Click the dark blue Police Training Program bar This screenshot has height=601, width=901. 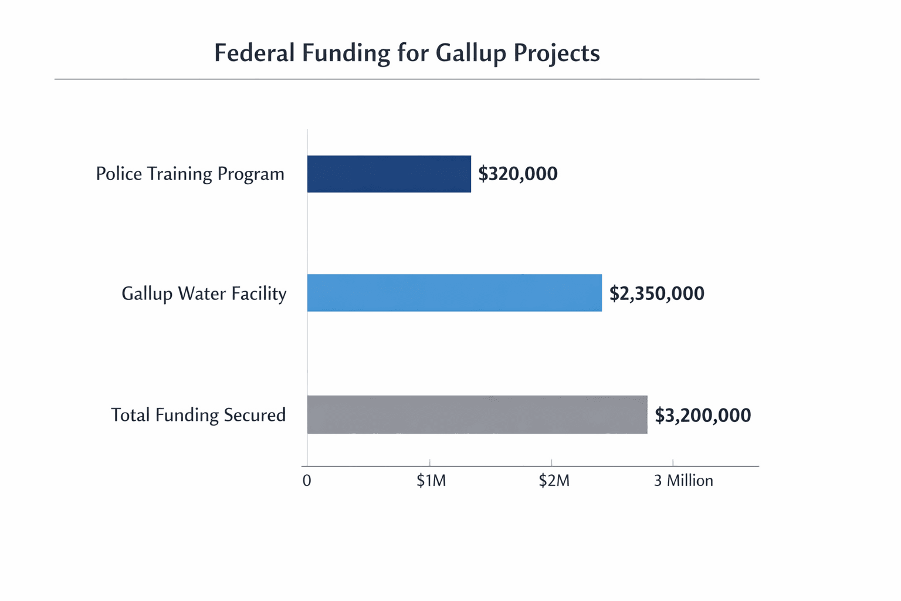coord(389,174)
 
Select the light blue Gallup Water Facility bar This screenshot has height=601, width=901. coord(454,293)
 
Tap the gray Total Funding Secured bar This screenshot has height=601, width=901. coord(477,414)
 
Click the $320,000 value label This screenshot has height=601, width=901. coord(518,174)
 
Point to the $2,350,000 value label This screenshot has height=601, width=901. coord(656,293)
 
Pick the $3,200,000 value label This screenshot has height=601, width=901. coord(703,416)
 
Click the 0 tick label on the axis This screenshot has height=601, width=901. coord(307,481)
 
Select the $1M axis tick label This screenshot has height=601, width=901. coord(431,481)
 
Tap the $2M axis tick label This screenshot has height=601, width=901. coord(554,481)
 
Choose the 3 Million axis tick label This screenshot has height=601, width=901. coord(683,481)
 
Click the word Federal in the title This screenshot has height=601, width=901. coord(254,53)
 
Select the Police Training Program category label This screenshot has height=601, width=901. coord(190,174)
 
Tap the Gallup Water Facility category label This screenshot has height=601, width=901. coord(204,293)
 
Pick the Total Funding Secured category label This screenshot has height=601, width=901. coord(198,415)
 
